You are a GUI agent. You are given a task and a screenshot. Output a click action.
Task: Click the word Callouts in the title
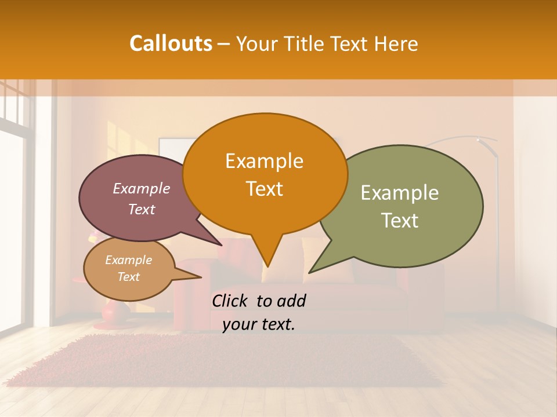click(x=171, y=43)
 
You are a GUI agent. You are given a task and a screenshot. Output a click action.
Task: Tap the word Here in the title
click(x=395, y=43)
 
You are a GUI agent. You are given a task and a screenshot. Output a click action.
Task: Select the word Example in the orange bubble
click(x=264, y=161)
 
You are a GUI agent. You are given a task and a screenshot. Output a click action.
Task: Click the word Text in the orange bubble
click(x=264, y=189)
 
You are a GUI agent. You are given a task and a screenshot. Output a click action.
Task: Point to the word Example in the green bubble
click(x=400, y=193)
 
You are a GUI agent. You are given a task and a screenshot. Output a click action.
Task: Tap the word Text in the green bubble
click(x=400, y=221)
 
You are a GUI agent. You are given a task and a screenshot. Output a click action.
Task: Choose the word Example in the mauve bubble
click(x=142, y=188)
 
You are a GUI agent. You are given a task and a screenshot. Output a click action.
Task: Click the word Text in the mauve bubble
click(x=142, y=209)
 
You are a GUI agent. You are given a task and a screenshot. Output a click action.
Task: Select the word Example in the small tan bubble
click(x=128, y=260)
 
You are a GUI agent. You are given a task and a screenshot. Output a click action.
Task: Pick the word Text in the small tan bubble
click(x=128, y=277)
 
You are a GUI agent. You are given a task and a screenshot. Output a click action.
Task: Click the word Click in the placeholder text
click(x=231, y=301)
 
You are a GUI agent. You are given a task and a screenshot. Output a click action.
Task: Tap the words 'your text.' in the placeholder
click(x=259, y=325)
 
